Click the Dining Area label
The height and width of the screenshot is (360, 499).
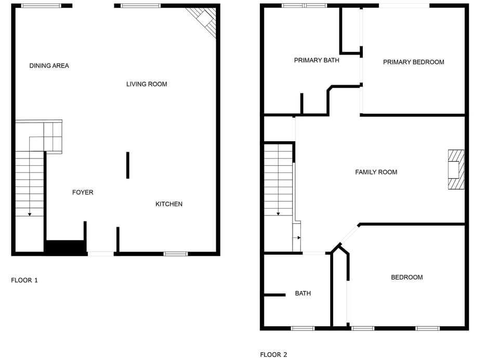(x=49, y=65)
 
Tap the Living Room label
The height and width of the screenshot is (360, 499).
(x=147, y=84)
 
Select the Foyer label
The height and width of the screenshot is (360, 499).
(x=83, y=192)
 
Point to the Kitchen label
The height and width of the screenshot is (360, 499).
(x=169, y=204)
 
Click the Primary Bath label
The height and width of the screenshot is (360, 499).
(x=317, y=60)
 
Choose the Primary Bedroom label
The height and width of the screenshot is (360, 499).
(x=413, y=62)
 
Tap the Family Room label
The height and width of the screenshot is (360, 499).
(x=376, y=172)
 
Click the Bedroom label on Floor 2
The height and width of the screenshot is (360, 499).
(x=406, y=277)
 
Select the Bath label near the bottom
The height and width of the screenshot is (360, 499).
(x=303, y=294)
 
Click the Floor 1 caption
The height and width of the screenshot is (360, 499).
(x=24, y=281)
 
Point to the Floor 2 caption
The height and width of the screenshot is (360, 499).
(x=273, y=355)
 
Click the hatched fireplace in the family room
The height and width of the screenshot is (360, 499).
(x=456, y=169)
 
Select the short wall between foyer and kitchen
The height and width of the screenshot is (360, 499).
(x=127, y=165)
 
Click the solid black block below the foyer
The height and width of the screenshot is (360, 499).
(x=65, y=247)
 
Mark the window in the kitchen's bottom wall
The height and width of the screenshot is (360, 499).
(x=176, y=254)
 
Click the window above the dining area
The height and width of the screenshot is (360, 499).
(x=41, y=6)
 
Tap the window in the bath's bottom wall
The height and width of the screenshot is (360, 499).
(x=303, y=328)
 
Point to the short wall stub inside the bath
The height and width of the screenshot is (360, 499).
(x=274, y=295)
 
